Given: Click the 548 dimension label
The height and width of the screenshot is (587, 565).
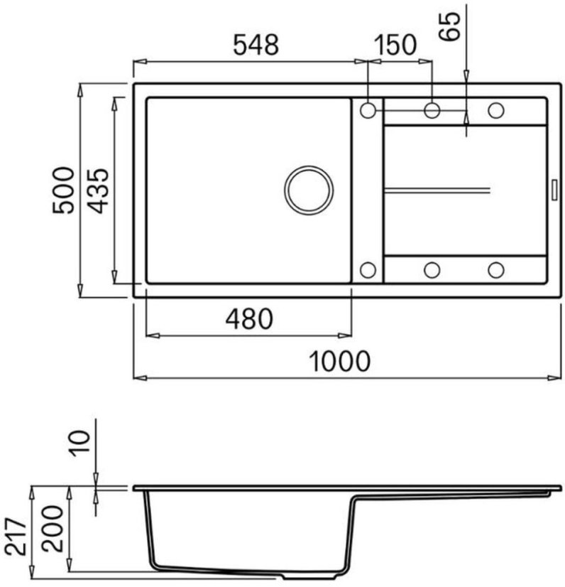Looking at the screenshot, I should pyautogui.click(x=256, y=45).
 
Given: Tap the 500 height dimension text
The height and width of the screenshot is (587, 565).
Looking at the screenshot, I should pyautogui.click(x=64, y=190).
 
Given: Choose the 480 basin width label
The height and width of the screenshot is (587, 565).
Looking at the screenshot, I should pyautogui.click(x=248, y=319).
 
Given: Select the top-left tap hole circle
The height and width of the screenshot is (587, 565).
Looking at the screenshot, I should pyautogui.click(x=368, y=110).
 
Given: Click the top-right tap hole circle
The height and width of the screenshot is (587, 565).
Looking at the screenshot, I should pyautogui.click(x=495, y=110).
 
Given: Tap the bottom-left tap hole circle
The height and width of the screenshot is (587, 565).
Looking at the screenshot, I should pyautogui.click(x=368, y=269).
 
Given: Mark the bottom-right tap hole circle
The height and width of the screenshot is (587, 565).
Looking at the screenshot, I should pyautogui.click(x=495, y=269).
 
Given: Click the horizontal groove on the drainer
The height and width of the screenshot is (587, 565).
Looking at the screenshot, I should pyautogui.click(x=437, y=190).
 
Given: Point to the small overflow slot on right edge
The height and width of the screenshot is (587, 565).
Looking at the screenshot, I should pyautogui.click(x=554, y=189).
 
